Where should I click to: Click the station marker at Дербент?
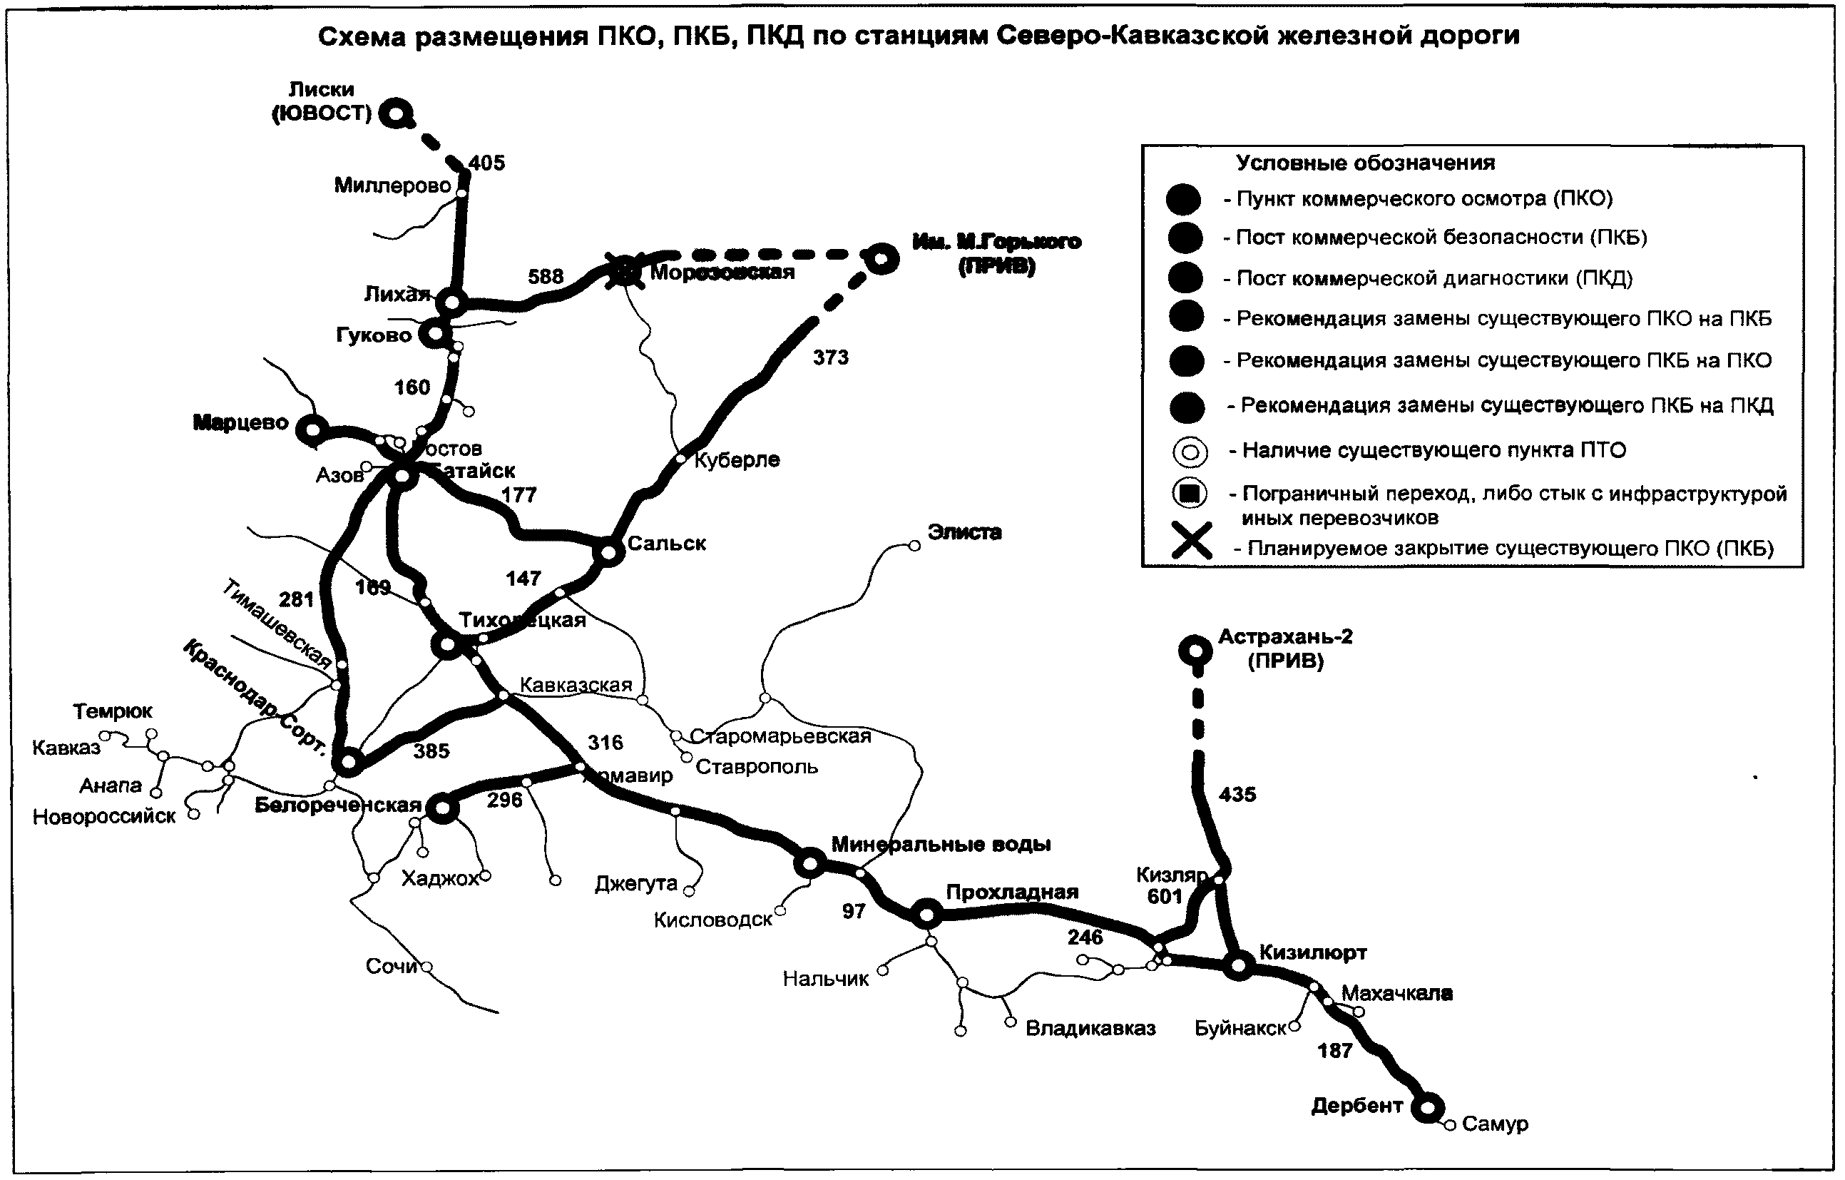1427,1108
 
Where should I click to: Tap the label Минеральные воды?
941,845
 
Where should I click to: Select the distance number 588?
545,276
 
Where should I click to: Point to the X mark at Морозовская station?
625,270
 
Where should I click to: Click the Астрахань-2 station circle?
1195,651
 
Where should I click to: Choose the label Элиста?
964,531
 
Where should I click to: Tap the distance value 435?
1237,795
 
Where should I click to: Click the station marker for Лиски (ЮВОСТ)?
395,114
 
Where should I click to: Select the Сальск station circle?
609,551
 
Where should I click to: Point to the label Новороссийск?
104,817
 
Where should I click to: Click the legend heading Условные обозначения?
1365,163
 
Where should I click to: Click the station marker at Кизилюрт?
1238,965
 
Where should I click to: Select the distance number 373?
831,357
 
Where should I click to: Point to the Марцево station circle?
312,430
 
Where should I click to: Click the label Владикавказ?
1090,1028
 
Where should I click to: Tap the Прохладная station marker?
927,913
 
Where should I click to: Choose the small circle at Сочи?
426,967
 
